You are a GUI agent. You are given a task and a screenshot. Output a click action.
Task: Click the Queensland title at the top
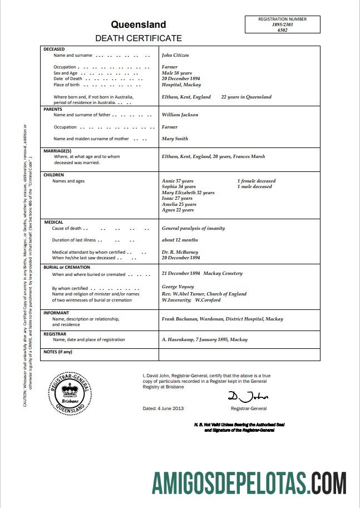(x=138, y=24)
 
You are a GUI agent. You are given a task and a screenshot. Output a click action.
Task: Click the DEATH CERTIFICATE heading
(x=139, y=38)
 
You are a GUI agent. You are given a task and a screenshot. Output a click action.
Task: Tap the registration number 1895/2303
(x=282, y=25)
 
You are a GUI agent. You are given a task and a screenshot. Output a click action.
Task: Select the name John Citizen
(x=175, y=56)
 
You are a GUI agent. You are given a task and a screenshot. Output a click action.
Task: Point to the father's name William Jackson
(x=180, y=115)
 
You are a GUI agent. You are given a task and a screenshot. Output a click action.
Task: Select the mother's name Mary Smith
(x=175, y=139)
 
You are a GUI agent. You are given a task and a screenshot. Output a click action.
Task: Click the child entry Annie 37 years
(x=177, y=181)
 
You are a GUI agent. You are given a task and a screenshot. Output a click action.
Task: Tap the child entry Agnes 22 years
(x=177, y=210)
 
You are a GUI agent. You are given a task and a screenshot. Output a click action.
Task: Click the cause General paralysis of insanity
(x=193, y=228)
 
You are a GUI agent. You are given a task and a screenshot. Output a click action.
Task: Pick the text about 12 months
(x=180, y=240)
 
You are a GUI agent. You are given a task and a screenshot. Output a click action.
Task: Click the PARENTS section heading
(x=53, y=109)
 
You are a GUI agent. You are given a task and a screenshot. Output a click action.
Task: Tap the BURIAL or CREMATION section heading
(x=66, y=267)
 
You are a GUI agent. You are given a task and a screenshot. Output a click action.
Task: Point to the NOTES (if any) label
(x=58, y=352)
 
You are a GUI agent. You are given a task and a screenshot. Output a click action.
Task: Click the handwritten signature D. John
(x=248, y=397)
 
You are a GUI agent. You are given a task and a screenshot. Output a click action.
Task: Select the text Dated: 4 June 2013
(x=163, y=408)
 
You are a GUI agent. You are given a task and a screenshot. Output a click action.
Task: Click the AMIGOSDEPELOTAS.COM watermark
(x=250, y=482)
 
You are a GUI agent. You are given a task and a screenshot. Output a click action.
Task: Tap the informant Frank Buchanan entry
(x=222, y=319)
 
